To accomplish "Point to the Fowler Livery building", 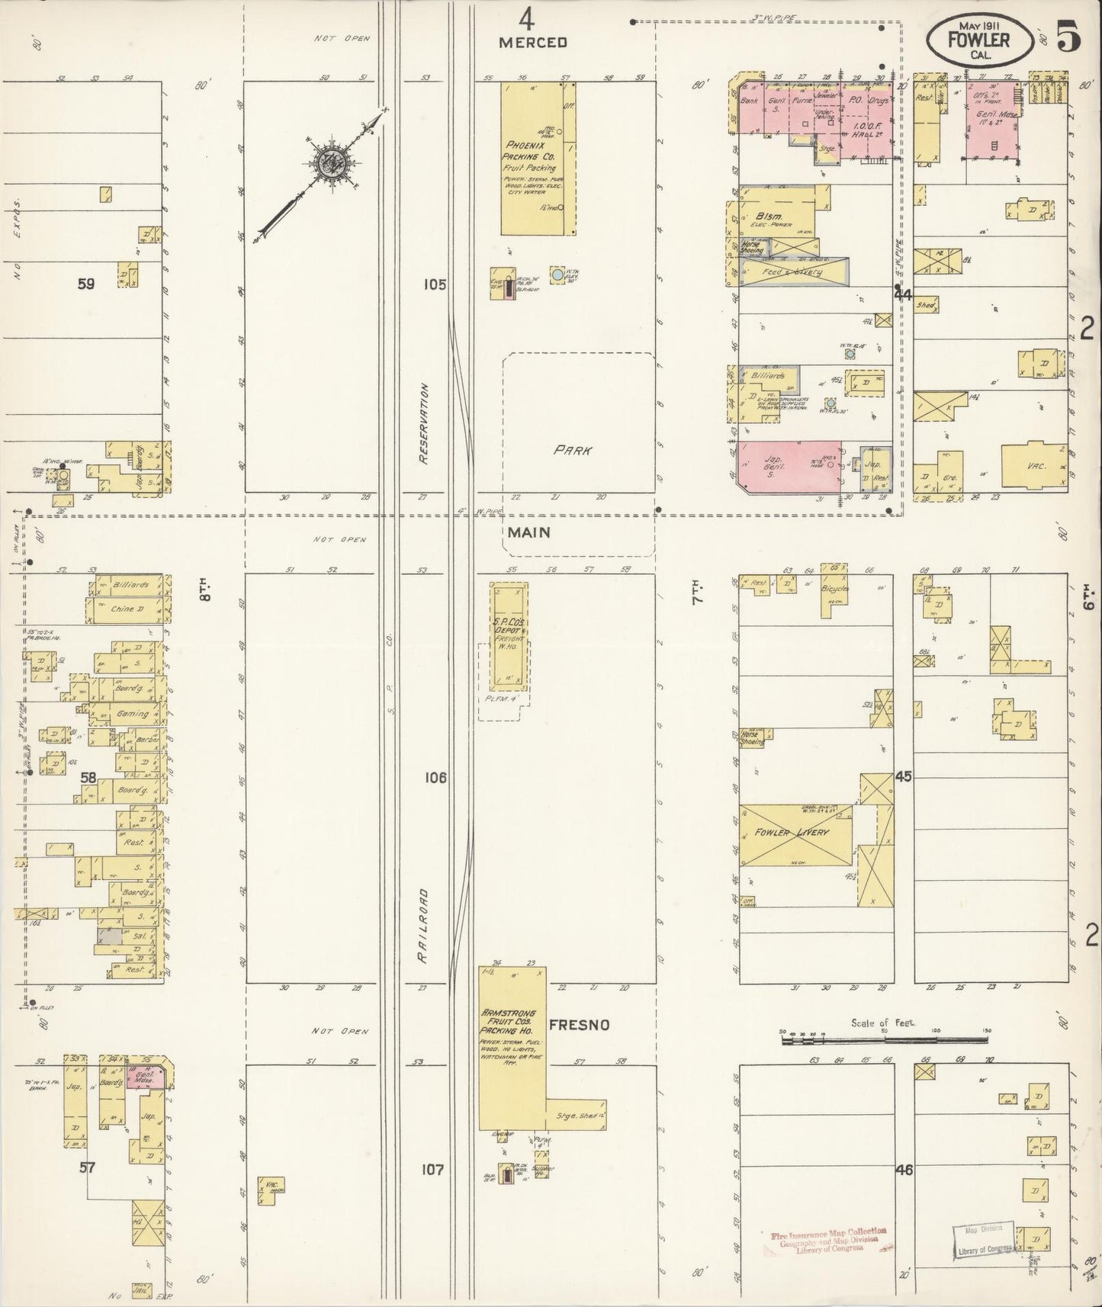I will point(793,834).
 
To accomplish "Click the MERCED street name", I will point(533,43).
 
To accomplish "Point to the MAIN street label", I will point(529,532).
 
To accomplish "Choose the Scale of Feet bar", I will point(884,1041).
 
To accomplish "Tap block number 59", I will point(85,284).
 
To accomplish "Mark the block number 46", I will point(904,1169).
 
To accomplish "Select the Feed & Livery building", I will point(793,271).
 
